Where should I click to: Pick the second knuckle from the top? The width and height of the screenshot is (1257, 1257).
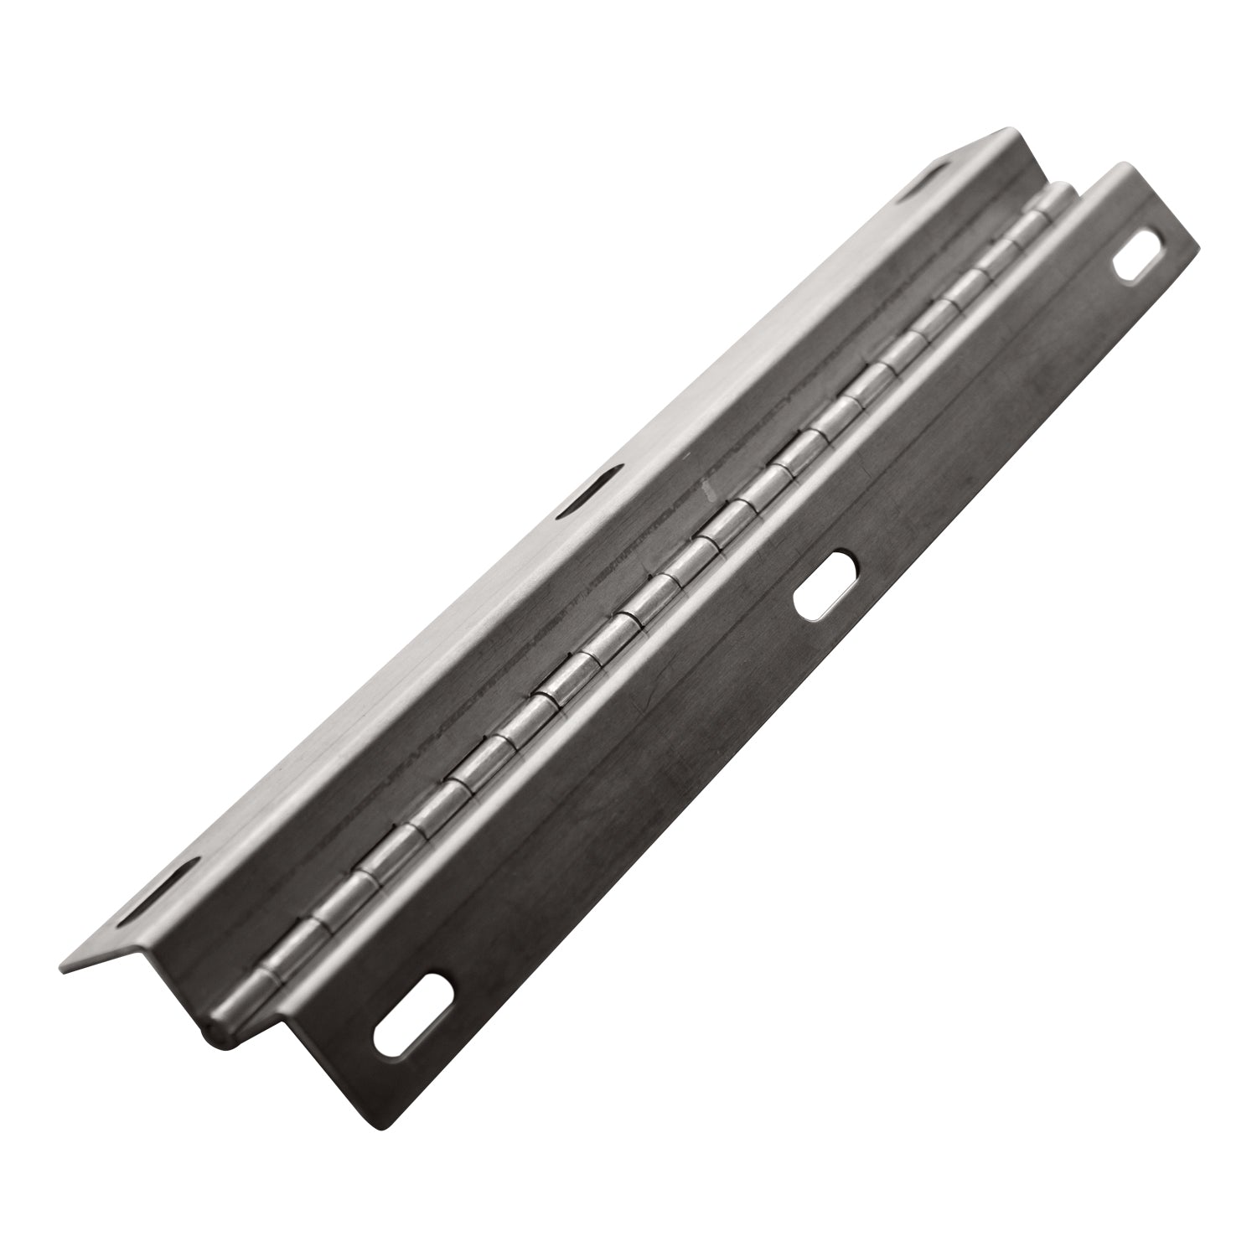1022,239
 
